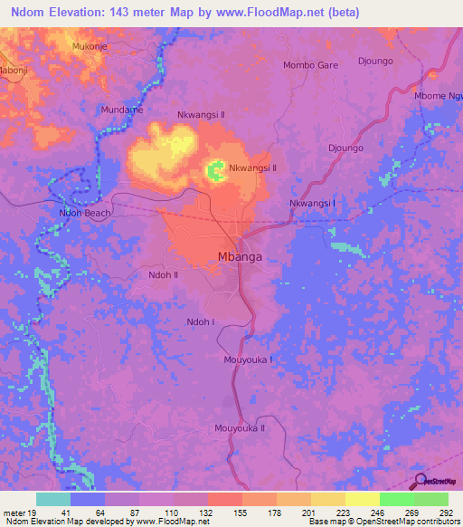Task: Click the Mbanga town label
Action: pyautogui.click(x=241, y=257)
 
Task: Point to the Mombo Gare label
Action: pyautogui.click(x=310, y=65)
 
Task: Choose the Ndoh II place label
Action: pyautogui.click(x=163, y=274)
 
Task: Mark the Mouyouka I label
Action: pyautogui.click(x=248, y=359)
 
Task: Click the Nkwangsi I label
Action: pyautogui.click(x=312, y=204)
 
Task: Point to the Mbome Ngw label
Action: pyautogui.click(x=437, y=96)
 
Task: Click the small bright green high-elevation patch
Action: pyautogui.click(x=216, y=169)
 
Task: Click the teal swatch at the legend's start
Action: pyautogui.click(x=53, y=499)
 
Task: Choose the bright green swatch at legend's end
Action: pyautogui.click(x=430, y=499)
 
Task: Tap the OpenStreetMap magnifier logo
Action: pyautogui.click(x=419, y=481)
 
